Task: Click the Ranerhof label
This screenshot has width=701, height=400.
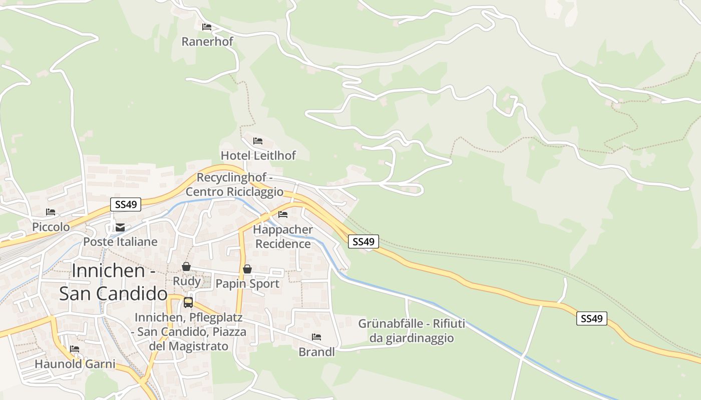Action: tap(207, 41)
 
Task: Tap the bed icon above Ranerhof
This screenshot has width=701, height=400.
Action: tap(207, 27)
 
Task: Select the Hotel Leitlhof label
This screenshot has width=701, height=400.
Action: tap(258, 155)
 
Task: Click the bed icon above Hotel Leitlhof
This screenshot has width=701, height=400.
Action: tap(258, 141)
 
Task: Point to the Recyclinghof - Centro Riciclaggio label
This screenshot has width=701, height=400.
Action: tap(234, 184)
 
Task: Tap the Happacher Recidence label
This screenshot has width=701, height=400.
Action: tap(283, 236)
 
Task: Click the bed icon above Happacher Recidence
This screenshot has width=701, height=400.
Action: tap(283, 214)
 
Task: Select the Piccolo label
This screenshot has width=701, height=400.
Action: tap(51, 227)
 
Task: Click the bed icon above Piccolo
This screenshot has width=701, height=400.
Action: tap(51, 212)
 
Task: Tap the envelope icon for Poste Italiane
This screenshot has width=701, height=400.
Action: tap(120, 227)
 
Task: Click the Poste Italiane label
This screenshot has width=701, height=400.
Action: tap(120, 242)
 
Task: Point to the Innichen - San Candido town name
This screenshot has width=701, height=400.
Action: tap(114, 282)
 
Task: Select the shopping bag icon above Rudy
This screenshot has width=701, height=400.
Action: tap(186, 266)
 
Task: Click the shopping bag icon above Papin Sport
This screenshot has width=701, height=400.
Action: tap(247, 269)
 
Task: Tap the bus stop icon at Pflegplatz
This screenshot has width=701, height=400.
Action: tap(188, 302)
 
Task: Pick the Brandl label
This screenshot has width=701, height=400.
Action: tap(316, 352)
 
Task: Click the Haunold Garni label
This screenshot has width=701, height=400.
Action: tap(75, 364)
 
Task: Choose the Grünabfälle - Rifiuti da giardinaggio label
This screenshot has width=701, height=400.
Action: tap(412, 331)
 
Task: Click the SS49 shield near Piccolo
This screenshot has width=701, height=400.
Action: tap(126, 204)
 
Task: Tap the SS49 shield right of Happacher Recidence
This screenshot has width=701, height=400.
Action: tap(364, 241)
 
